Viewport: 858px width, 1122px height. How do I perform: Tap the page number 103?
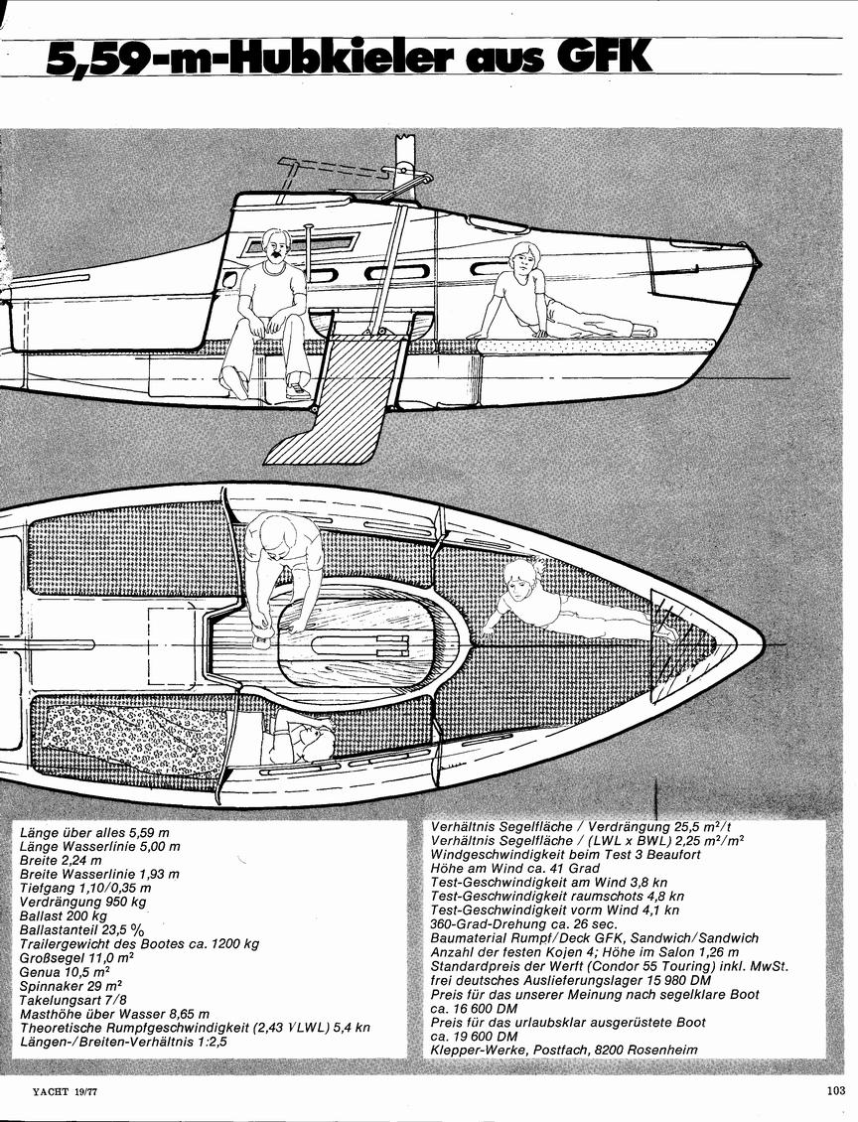click(x=835, y=1090)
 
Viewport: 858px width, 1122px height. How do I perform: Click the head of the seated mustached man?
click(x=277, y=247)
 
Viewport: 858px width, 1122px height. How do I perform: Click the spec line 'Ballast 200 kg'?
click(x=64, y=915)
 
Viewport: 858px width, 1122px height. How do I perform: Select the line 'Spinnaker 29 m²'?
click(x=71, y=986)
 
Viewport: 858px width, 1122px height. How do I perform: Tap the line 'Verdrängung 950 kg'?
click(x=82, y=902)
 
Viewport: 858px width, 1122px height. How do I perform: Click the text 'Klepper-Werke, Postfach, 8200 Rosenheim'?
click(x=564, y=1049)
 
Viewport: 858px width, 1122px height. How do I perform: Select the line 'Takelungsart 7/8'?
click(x=72, y=1000)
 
